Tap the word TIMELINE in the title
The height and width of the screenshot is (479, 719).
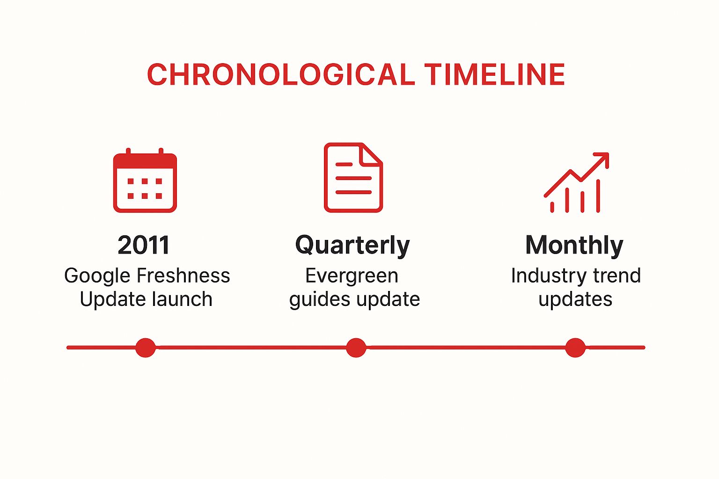495,75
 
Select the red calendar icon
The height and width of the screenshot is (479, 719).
145,181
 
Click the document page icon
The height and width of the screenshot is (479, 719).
353,178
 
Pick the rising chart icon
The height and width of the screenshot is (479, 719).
576,183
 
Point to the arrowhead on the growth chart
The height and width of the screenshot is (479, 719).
603,158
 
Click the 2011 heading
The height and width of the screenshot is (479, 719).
144,245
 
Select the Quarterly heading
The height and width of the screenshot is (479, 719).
352,246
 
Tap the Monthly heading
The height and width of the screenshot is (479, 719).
574,245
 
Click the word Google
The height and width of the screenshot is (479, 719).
97,276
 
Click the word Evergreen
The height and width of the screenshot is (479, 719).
352,276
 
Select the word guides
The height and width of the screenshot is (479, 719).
316,300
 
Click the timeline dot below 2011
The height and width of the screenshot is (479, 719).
146,348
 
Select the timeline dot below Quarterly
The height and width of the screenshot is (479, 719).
356,348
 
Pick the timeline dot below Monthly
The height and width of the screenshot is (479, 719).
575,348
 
